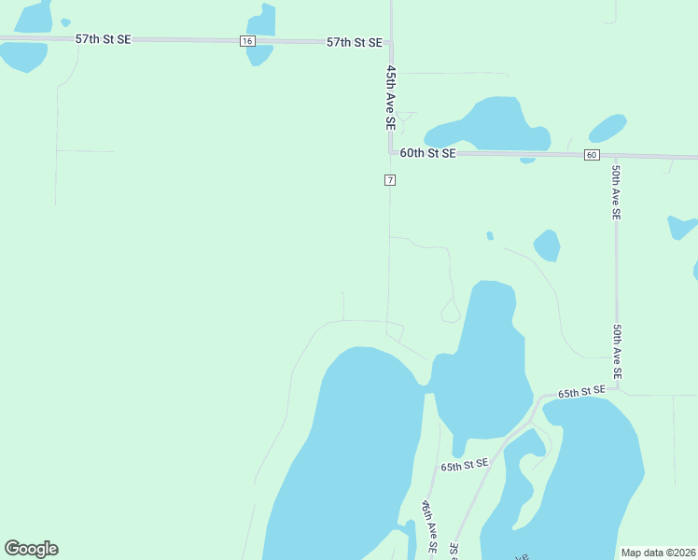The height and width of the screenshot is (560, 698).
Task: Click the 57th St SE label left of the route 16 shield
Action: tap(103, 39)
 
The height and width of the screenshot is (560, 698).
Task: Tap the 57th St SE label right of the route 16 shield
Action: tap(355, 42)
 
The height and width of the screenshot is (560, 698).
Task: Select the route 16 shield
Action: tap(247, 41)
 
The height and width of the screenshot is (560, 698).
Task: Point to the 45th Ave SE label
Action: tap(391, 96)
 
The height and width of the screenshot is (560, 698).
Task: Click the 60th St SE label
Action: tap(427, 152)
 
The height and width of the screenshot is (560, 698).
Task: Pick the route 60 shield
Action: tap(592, 155)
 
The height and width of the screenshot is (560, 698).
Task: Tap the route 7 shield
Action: tap(390, 179)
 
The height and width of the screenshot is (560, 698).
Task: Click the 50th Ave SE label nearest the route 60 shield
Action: tap(616, 191)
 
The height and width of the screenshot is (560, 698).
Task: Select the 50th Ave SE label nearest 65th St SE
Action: tap(618, 352)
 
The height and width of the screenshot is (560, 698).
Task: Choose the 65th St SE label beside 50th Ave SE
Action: tap(582, 392)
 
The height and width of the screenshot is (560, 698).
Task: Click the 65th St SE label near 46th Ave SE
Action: tap(465, 465)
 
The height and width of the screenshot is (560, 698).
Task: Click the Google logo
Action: tap(31, 549)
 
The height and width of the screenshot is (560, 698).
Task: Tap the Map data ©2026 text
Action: tap(658, 553)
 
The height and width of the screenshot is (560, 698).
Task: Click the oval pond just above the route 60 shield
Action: tap(607, 128)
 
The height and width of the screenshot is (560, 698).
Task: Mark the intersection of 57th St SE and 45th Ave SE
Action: tap(391, 42)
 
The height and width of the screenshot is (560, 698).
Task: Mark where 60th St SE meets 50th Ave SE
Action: tap(616, 156)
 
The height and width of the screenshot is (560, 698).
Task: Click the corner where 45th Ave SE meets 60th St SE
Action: tap(391, 152)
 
